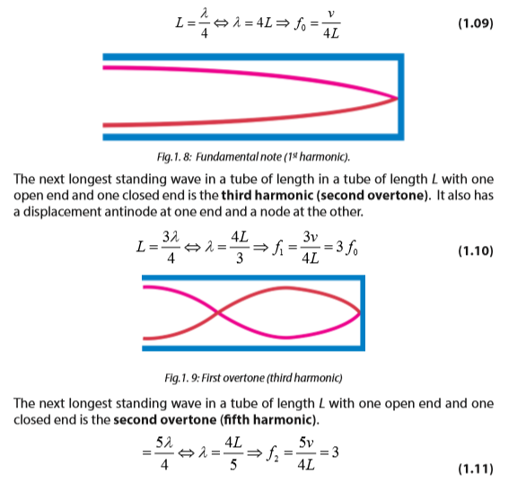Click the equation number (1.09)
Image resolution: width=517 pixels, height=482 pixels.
pos(476,23)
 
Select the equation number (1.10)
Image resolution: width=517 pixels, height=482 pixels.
pos(476,251)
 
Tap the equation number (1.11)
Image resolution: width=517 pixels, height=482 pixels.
pos(476,469)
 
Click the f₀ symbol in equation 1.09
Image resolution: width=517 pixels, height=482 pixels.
pos(300,24)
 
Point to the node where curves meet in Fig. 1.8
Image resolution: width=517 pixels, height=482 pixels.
pos(397,98)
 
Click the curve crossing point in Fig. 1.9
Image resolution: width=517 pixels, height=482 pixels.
pos(217,312)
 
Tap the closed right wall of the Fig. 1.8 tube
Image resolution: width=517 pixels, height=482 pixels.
pos(401,97)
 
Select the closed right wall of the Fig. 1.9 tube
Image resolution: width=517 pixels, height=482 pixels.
pos(363,313)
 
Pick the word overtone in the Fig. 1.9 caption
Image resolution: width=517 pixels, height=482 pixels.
pos(244,378)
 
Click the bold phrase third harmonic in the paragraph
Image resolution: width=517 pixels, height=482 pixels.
pos(267,195)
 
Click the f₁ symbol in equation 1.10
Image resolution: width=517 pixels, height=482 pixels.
pos(278,248)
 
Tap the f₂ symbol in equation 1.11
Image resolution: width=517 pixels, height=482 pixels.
pos(272,453)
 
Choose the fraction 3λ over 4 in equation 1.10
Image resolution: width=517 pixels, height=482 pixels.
pos(171,247)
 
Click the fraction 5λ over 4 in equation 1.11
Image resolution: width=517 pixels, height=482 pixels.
pos(164,453)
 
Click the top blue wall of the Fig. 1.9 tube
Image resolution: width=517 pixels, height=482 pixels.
pos(253,277)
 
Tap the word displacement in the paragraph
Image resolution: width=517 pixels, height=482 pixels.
pos(62,212)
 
